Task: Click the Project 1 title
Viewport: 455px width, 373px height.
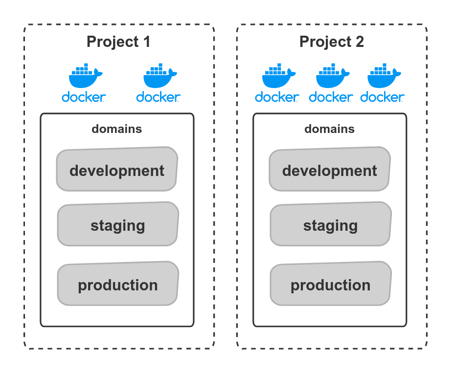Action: [x=118, y=42]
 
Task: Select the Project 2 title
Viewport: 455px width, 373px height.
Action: [x=331, y=42]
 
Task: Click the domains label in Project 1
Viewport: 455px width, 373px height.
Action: [x=117, y=129]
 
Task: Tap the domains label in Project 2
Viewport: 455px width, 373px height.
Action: [x=330, y=129]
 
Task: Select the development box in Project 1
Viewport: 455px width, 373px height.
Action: [x=117, y=170]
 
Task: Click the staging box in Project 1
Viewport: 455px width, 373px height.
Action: [x=118, y=224]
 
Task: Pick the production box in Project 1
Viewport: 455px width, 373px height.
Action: [x=118, y=284]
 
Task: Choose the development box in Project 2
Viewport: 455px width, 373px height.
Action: [x=330, y=170]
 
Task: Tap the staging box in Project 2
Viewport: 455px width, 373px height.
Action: [x=331, y=224]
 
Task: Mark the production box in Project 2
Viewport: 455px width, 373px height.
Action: [x=331, y=284]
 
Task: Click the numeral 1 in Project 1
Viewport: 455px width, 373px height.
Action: [x=146, y=42]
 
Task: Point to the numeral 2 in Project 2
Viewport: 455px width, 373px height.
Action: [x=359, y=42]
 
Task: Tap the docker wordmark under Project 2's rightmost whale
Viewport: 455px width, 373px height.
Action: [x=383, y=97]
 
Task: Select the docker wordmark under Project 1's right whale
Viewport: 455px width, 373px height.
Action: [x=158, y=97]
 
